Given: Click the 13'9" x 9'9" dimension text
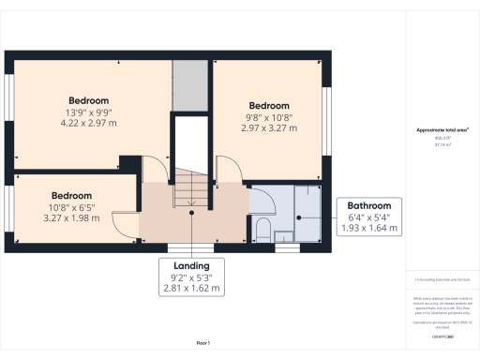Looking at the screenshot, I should click(x=89, y=112).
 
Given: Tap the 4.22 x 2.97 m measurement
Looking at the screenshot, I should click(x=89, y=123).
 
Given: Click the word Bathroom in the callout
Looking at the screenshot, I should click(x=369, y=206).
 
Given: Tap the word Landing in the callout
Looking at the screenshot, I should click(x=191, y=265).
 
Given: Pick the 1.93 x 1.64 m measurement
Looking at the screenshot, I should click(x=369, y=228).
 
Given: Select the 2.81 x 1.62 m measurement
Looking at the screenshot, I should click(x=191, y=288).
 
